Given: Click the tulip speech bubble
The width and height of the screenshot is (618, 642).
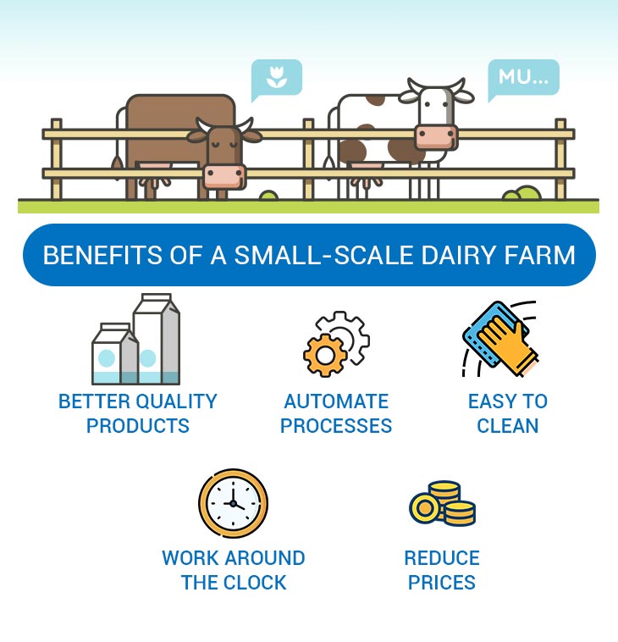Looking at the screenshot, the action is (276, 79).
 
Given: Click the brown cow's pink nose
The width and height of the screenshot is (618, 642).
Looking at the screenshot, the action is (224, 177).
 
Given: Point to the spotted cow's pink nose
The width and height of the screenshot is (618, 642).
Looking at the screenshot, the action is (436, 137).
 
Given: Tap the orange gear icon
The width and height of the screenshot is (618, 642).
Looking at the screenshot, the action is (325, 355).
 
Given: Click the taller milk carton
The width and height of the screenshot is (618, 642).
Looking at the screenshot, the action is (157, 339).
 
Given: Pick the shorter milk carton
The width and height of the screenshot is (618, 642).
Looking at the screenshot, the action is (115, 354).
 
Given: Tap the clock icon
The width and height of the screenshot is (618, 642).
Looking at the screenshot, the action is (233, 503).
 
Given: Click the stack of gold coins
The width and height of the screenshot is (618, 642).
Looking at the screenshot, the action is (443, 503).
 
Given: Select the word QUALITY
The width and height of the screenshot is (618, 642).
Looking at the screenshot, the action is (179, 401).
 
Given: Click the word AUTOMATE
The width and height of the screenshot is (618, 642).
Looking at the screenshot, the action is (336, 401).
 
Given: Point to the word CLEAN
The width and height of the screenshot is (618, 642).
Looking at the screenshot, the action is (507, 426).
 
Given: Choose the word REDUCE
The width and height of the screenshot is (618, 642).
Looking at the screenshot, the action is (442, 558).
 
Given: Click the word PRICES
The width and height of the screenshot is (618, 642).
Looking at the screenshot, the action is (442, 583).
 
